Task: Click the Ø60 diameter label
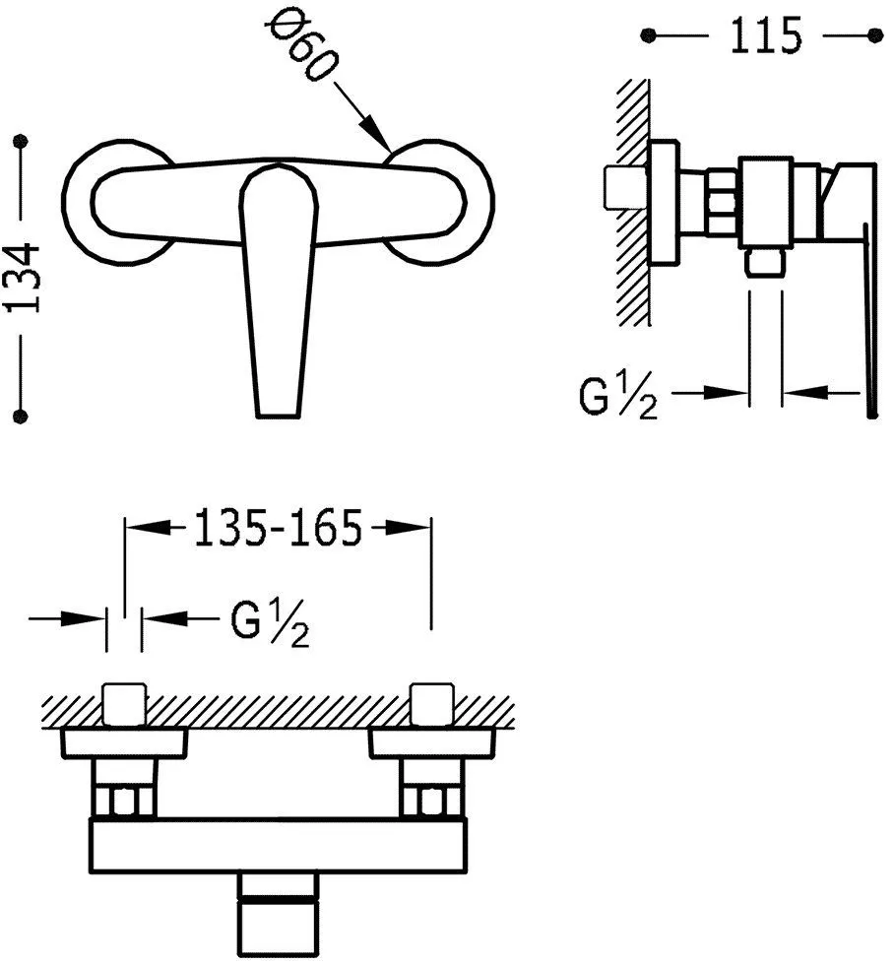[x=302, y=47]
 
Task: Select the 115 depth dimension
[x=766, y=35]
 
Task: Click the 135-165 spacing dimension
[x=278, y=528]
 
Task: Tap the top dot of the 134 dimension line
[x=22, y=141]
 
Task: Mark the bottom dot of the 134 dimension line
[x=21, y=416]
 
